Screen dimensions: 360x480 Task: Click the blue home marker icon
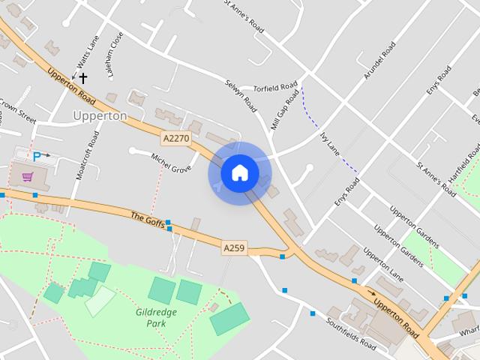pyautogui.click(x=239, y=172)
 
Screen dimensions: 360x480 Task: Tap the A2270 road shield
pyautogui.click(x=175, y=138)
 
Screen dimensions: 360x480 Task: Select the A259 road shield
pyautogui.click(x=235, y=247)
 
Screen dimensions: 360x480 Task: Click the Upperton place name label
pyautogui.click(x=100, y=115)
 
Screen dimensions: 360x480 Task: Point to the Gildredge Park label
pyautogui.click(x=156, y=317)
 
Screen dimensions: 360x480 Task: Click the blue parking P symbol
pyautogui.click(x=37, y=157)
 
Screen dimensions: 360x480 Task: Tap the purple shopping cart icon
pyautogui.click(x=28, y=177)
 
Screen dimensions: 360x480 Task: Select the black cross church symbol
pyautogui.click(x=82, y=77)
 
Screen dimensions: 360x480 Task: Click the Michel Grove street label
pyautogui.click(x=172, y=163)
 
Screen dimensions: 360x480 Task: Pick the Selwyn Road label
pyautogui.click(x=241, y=96)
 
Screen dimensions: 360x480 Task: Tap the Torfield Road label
pyautogui.click(x=275, y=88)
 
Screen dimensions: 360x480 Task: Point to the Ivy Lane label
pyautogui.click(x=330, y=142)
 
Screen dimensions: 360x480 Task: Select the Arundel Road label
pyautogui.click(x=379, y=60)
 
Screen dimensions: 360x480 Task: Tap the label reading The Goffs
pyautogui.click(x=147, y=218)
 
